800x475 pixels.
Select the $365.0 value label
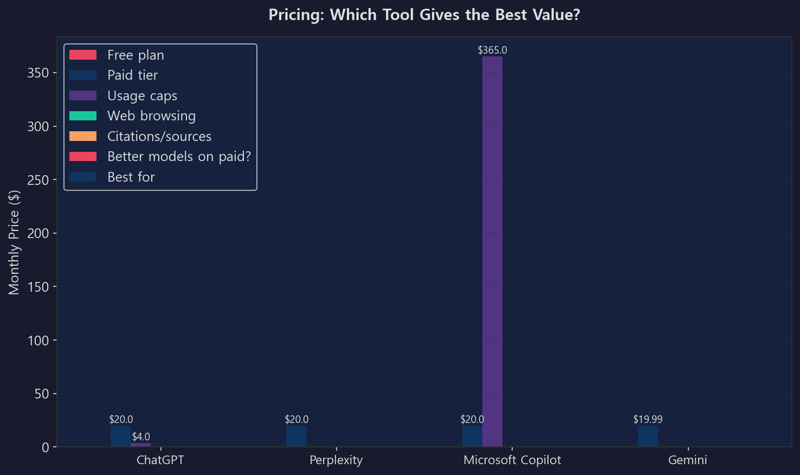click(x=492, y=50)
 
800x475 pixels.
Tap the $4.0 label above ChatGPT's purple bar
click(x=141, y=437)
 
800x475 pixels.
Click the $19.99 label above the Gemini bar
click(x=648, y=420)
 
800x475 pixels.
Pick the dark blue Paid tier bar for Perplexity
click(x=296, y=436)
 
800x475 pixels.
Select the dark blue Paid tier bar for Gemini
click(x=648, y=436)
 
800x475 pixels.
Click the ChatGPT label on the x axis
click(x=160, y=460)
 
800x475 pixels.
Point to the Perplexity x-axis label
click(x=336, y=460)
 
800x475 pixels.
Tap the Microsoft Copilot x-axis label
click(x=512, y=460)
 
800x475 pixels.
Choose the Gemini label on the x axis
click(x=687, y=460)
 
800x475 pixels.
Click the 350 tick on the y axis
click(x=38, y=73)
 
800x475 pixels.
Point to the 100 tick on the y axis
click(x=38, y=341)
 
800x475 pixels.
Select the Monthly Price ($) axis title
click(x=14, y=242)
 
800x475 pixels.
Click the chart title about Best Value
click(x=424, y=15)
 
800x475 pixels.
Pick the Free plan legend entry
click(x=136, y=55)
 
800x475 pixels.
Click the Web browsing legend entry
click(x=151, y=116)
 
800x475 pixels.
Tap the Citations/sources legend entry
click(x=159, y=137)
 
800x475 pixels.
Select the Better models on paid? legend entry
click(x=179, y=157)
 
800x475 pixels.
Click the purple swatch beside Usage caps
click(x=83, y=96)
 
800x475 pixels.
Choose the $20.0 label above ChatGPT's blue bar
click(x=121, y=420)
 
